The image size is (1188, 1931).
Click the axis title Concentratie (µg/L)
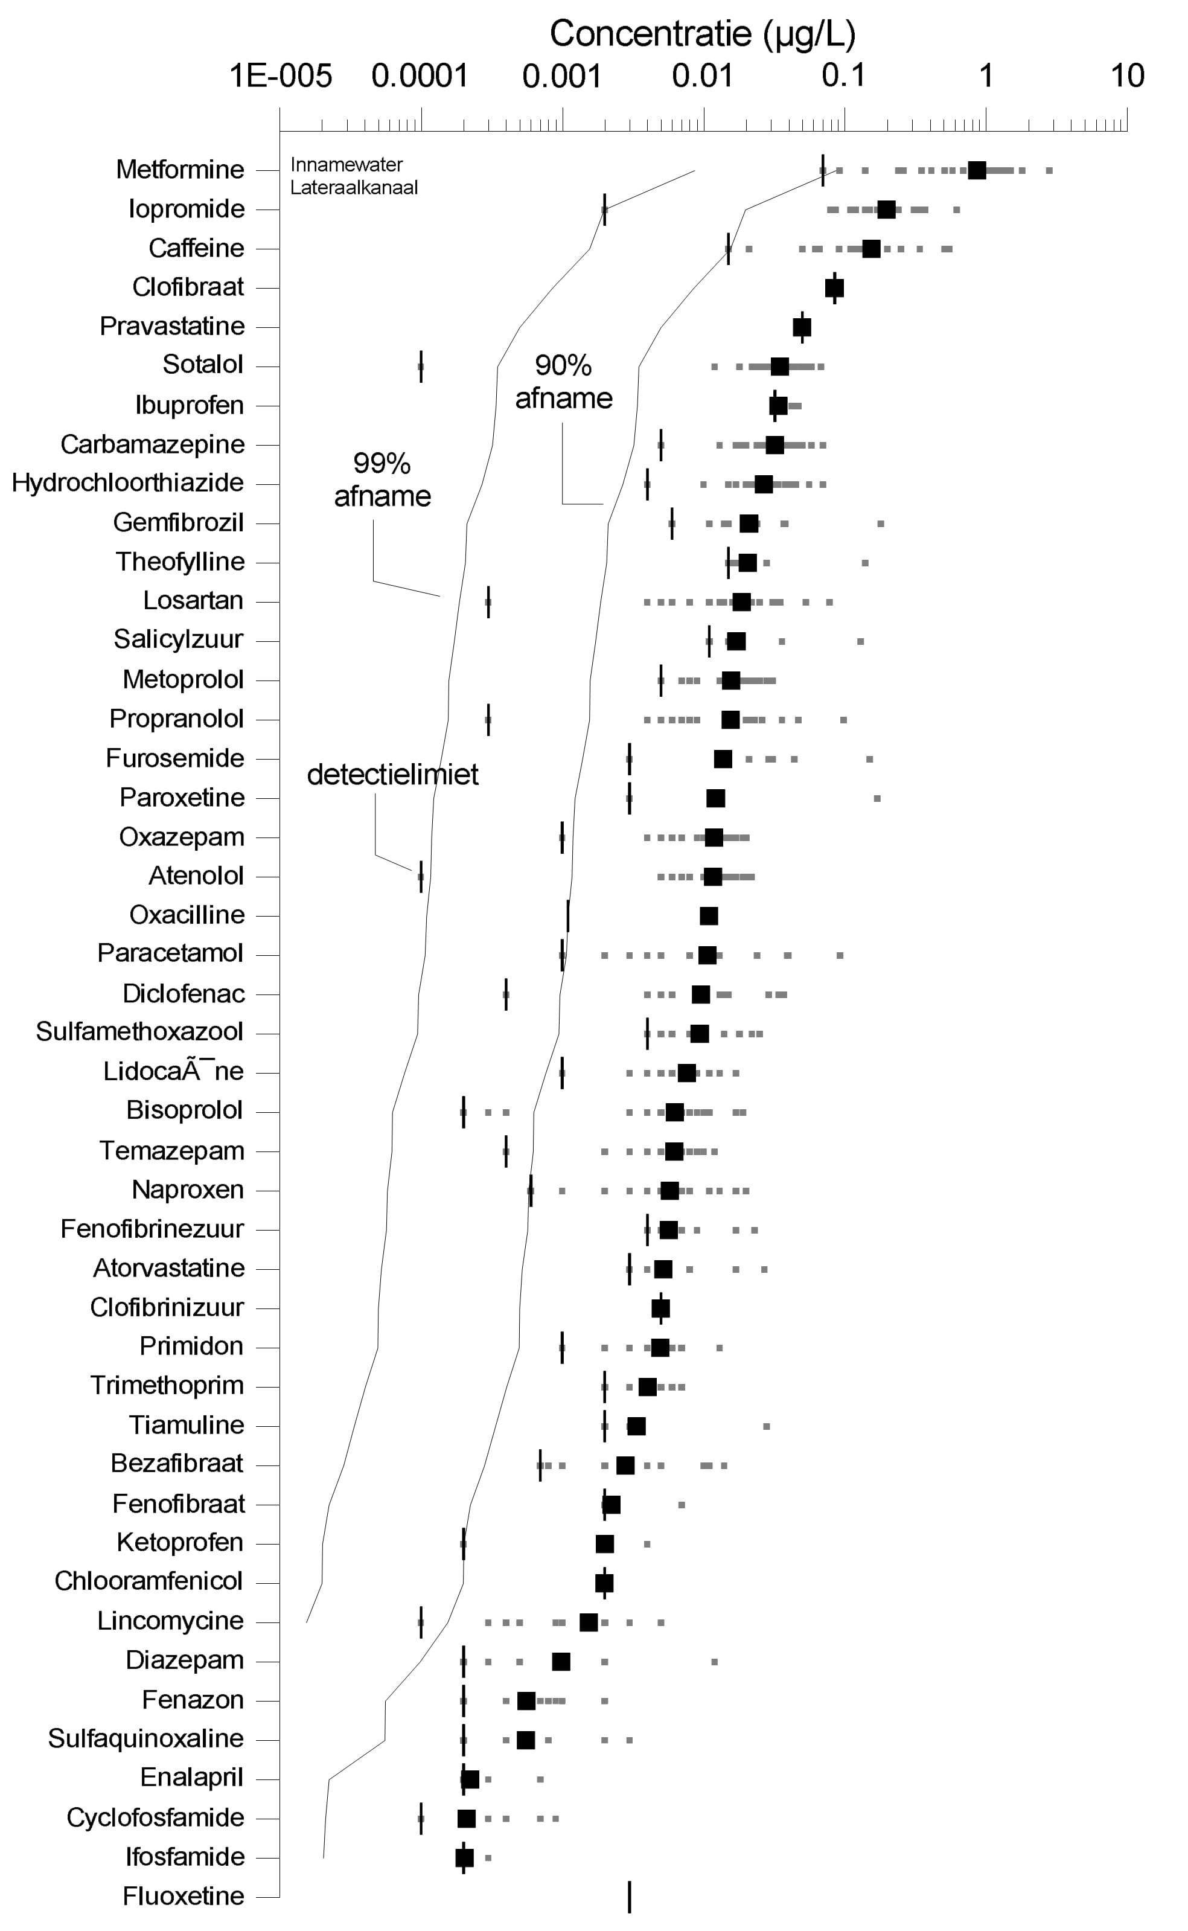pyautogui.click(x=703, y=34)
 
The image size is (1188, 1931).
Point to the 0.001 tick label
pyautogui.click(x=563, y=76)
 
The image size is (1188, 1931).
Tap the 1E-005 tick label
pyautogui.click(x=281, y=76)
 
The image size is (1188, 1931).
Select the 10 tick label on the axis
pyautogui.click(x=1128, y=76)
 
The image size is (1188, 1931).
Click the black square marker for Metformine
pyautogui.click(x=977, y=170)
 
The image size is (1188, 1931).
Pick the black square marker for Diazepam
pyautogui.click(x=561, y=1662)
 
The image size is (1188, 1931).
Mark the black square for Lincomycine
pyautogui.click(x=589, y=1622)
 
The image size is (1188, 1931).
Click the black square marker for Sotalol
pyautogui.click(x=779, y=367)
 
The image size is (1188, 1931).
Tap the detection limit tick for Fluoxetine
pyautogui.click(x=630, y=1897)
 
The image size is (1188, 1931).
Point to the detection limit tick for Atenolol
pyautogui.click(x=421, y=876)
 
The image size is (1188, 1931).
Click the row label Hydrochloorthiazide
pyautogui.click(x=128, y=482)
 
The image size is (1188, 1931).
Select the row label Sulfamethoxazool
pyautogui.click(x=140, y=1032)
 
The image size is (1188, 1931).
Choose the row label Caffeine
pyautogui.click(x=196, y=248)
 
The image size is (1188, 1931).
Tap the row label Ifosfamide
pyautogui.click(x=185, y=1857)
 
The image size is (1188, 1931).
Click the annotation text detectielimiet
pyautogui.click(x=393, y=775)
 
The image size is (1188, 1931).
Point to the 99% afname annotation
pyautogui.click(x=383, y=479)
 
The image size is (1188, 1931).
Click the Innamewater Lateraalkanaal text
pyautogui.click(x=354, y=176)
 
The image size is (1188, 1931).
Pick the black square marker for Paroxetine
pyautogui.click(x=716, y=798)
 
